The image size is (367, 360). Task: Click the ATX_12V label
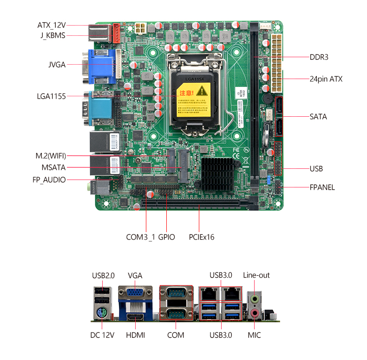pos(52,25)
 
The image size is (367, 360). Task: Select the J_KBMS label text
pos(51,36)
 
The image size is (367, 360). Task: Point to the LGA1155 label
pos(51,96)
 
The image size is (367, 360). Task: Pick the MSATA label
pos(53,167)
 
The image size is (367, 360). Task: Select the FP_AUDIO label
pos(49,180)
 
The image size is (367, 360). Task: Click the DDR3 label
pos(319,57)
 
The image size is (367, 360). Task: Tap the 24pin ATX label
pos(326,79)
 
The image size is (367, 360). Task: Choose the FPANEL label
pos(322,187)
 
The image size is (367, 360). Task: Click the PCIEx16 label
pos(201,237)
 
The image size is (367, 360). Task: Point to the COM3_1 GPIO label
pos(151,237)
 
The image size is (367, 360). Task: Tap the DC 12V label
pos(102,335)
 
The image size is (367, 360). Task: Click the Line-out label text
pos(256,275)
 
